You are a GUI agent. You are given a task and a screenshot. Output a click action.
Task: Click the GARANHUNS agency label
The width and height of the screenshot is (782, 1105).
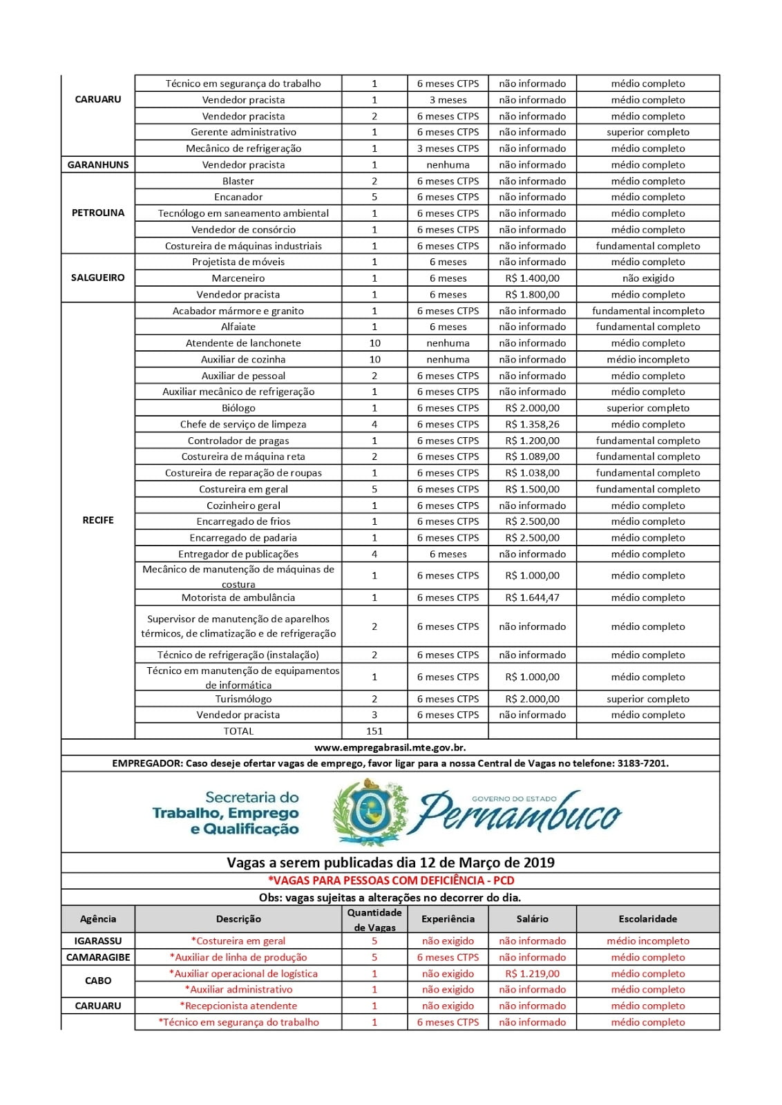97,165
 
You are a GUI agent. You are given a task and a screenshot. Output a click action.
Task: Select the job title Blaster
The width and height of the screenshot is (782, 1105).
238,181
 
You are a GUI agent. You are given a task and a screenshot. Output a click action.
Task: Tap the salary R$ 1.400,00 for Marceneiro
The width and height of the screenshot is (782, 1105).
532,278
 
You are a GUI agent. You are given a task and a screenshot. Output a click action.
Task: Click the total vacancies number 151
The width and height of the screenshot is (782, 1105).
374,731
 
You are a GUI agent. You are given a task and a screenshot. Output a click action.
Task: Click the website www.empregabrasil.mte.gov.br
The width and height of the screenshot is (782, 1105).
390,747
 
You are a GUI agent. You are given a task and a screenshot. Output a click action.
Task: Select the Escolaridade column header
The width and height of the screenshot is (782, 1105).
647,919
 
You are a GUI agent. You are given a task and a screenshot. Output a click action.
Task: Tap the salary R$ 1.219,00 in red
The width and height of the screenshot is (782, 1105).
532,974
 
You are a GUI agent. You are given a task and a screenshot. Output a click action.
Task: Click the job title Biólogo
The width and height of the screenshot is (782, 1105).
238,408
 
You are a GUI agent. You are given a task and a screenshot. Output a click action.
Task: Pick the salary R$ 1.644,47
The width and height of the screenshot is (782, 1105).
532,597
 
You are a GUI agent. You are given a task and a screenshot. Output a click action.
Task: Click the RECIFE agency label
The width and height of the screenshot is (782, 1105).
97,520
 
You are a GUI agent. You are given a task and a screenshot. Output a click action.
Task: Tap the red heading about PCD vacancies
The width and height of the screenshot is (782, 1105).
391,881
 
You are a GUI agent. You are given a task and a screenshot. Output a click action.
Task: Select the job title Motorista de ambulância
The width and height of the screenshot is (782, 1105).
238,597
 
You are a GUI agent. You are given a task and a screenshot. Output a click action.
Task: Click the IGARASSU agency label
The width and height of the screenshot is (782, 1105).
97,941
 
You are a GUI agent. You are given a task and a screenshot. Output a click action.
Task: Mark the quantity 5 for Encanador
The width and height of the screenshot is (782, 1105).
374,197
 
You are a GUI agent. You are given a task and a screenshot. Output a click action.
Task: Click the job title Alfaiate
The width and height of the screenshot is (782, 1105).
238,327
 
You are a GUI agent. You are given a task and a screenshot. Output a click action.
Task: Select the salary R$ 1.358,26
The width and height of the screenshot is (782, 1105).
532,424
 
